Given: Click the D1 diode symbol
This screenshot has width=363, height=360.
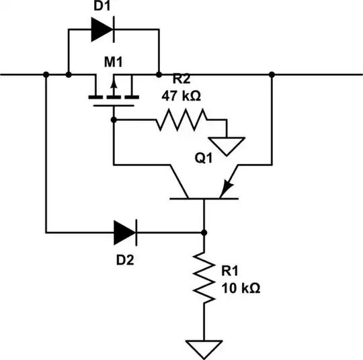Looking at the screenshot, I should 101,29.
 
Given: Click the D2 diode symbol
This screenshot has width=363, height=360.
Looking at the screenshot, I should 124,233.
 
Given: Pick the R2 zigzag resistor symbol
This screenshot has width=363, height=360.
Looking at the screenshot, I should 182,120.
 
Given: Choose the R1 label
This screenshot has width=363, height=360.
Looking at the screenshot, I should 231,272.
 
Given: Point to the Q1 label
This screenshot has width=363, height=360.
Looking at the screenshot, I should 204,160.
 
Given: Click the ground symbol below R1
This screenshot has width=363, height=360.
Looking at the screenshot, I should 204,349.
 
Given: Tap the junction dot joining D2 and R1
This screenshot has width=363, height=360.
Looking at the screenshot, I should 204,233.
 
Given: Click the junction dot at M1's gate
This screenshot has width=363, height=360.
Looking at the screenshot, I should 114,120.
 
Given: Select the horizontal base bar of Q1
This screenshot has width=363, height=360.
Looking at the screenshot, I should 204,199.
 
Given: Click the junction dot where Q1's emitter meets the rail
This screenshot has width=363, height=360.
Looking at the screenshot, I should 271,74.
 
